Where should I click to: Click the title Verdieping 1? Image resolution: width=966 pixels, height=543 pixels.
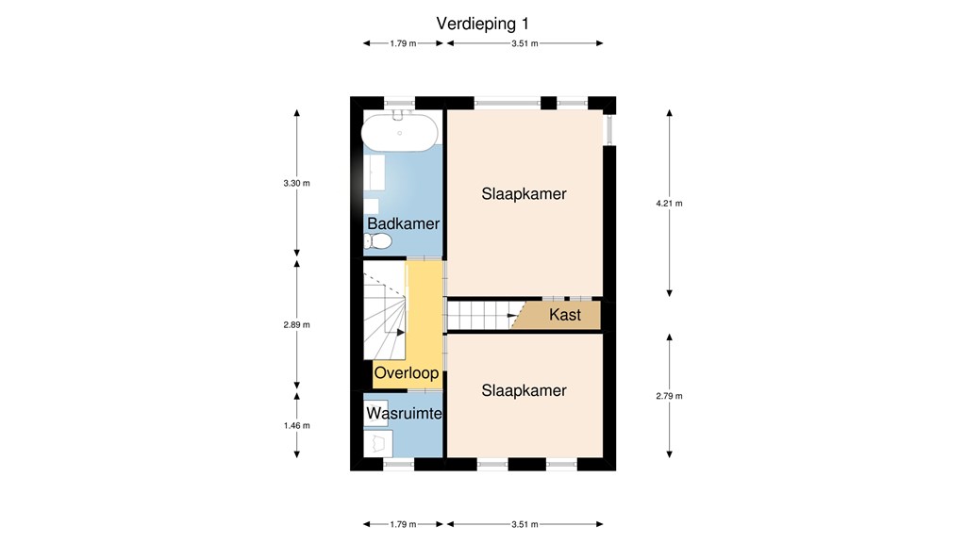482,24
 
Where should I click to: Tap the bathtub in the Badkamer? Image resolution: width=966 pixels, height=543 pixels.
399,132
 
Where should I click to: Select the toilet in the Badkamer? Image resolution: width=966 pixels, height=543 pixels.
377,241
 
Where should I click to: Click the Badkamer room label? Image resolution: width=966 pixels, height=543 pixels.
404,223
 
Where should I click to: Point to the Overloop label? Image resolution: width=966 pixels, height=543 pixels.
407,372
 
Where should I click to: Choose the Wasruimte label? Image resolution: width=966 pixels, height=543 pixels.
404,413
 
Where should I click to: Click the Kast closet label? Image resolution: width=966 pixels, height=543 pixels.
565,315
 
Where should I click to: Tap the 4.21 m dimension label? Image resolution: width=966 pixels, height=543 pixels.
669,204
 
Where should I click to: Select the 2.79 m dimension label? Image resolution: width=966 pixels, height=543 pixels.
669,396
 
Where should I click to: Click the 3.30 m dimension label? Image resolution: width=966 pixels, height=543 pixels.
297,183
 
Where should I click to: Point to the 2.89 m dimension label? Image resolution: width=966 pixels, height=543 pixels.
297,324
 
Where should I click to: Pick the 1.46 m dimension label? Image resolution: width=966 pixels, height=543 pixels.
297,425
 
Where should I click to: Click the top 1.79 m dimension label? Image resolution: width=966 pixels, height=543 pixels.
403,43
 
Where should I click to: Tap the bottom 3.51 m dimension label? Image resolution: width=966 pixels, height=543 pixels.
525,524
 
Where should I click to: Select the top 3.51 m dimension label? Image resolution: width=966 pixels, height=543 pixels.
525,43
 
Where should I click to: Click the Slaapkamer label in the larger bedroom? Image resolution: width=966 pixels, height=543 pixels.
524,194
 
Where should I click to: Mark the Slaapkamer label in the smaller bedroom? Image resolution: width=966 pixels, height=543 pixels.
524,390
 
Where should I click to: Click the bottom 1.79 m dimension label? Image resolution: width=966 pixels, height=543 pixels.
403,524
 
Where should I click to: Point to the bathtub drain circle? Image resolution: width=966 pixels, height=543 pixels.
400,133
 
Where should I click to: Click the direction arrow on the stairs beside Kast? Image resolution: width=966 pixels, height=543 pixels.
512,315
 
